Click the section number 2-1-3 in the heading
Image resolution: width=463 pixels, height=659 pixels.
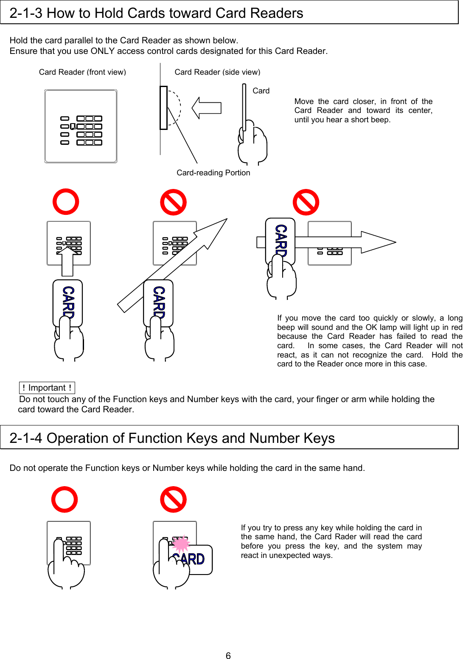point(26,13)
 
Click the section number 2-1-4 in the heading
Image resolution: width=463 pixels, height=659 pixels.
point(26,438)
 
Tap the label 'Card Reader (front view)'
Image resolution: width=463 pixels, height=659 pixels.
point(82,72)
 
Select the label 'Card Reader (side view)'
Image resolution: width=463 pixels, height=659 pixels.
point(217,72)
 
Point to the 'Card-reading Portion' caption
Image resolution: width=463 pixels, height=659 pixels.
point(213,173)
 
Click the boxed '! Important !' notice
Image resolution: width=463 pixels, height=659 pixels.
point(47,388)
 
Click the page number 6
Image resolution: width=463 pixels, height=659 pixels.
point(228,656)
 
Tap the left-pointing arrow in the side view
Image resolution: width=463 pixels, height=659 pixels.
point(206,108)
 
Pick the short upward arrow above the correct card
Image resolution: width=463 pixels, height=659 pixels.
point(68,262)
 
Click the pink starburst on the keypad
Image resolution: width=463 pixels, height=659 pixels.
point(181,544)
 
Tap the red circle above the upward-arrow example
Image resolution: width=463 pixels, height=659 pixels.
point(66,202)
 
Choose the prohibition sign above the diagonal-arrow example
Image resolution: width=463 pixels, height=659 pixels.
point(173,202)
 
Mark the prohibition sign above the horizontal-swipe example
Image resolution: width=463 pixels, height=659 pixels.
point(306,202)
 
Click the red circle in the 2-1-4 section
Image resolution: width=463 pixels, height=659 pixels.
point(65,499)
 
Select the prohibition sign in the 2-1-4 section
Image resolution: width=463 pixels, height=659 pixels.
point(173,499)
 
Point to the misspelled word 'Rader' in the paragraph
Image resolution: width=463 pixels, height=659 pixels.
point(345,537)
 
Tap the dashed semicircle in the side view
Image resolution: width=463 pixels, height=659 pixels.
point(175,108)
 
